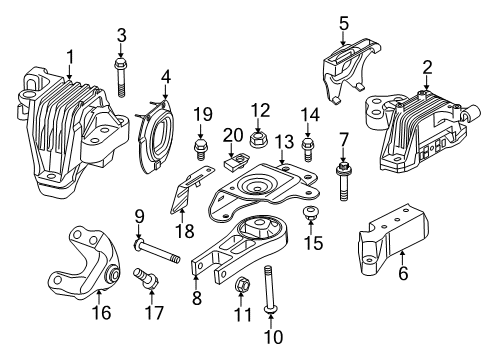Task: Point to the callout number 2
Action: pos(427,67)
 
